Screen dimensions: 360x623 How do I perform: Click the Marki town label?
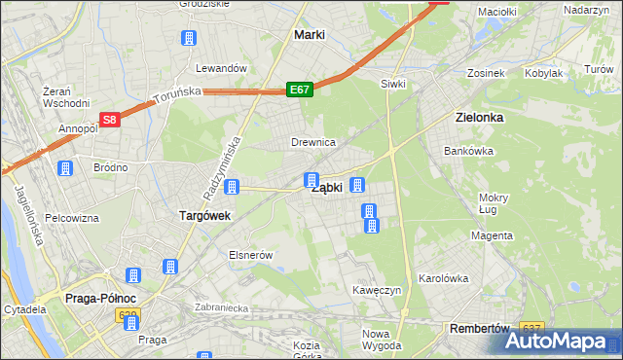(309, 35)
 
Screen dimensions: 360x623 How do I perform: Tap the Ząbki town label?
(326, 188)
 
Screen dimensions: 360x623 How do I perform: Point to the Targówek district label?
(203, 216)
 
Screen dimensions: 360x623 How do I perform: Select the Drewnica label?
(313, 143)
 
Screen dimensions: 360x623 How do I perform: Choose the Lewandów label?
(218, 69)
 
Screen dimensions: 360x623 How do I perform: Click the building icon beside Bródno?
(65, 168)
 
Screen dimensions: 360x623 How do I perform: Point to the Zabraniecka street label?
(222, 307)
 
